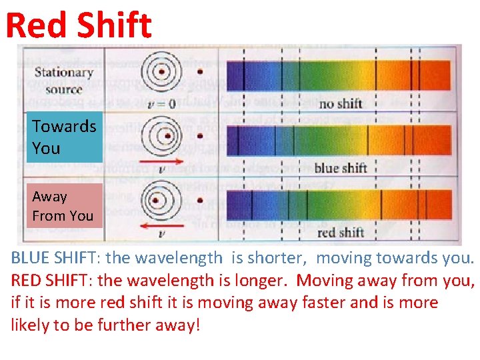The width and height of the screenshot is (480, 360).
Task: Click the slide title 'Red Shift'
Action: pyautogui.click(x=79, y=25)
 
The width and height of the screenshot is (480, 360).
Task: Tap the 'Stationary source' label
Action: pyautogui.click(x=63, y=80)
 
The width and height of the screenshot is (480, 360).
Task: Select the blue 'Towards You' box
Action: pyautogui.click(x=63, y=137)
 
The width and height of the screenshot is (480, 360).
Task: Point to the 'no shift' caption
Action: pyautogui.click(x=340, y=103)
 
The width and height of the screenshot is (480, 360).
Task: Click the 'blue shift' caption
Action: pyautogui.click(x=340, y=167)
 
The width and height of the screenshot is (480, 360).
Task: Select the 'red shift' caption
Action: pyautogui.click(x=340, y=232)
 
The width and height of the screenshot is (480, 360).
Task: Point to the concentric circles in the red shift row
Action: pyautogui.click(x=157, y=200)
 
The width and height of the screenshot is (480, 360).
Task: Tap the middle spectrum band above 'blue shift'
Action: pyautogui.click(x=339, y=139)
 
